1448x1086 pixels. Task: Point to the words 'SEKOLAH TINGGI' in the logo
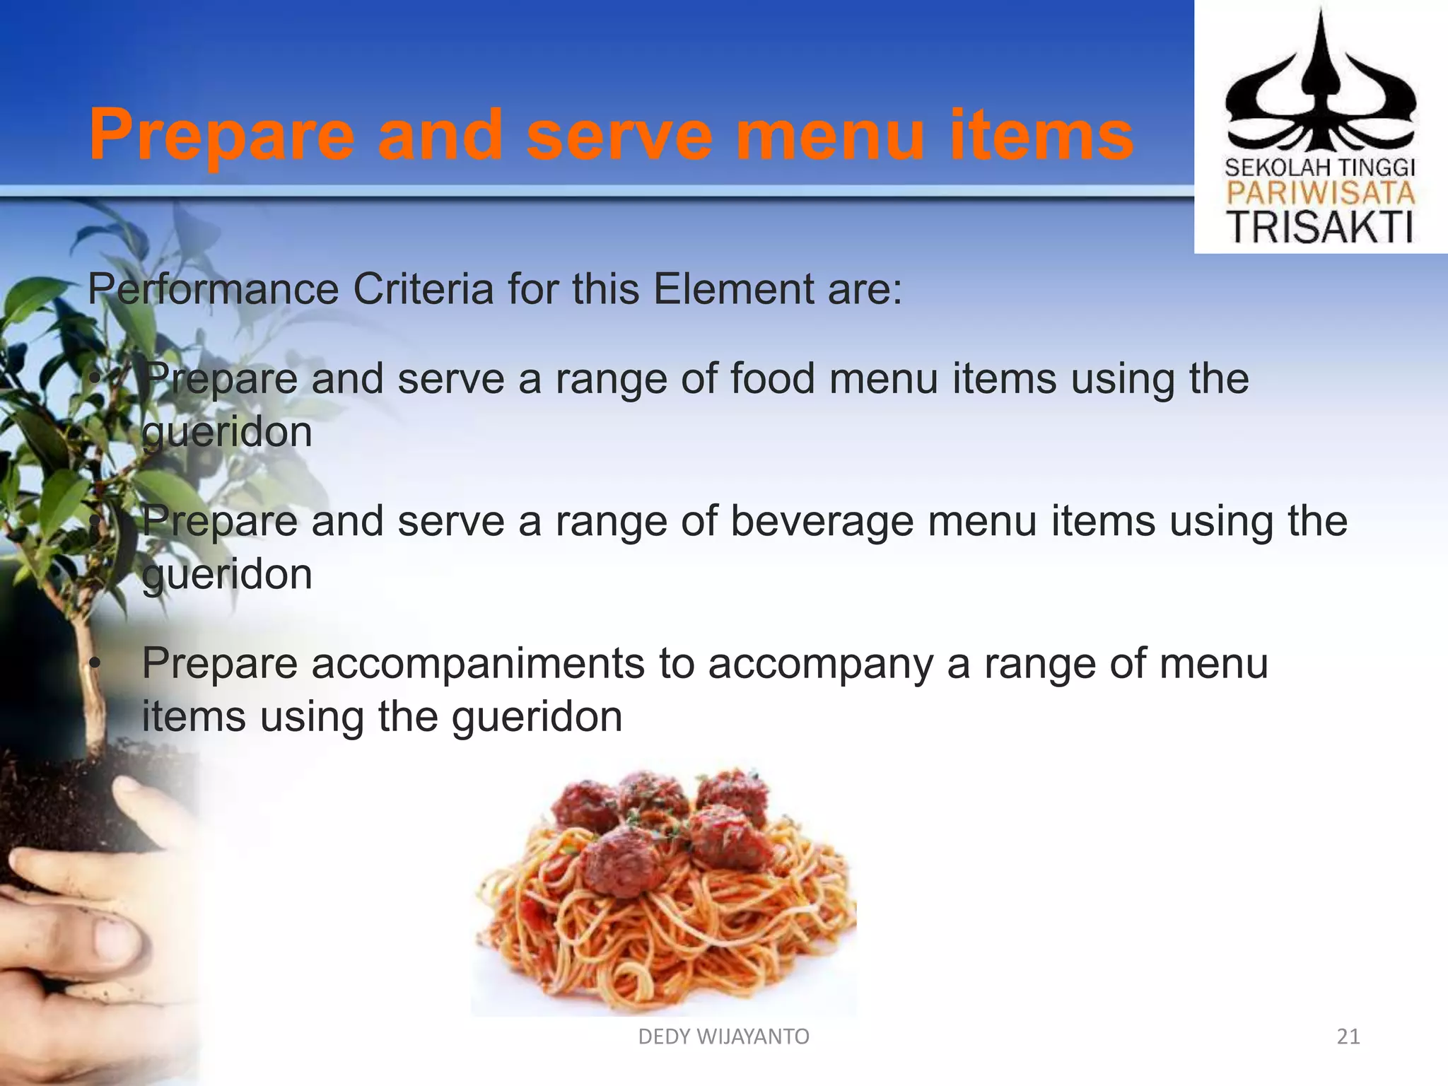[1319, 168]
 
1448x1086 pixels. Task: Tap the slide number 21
[1348, 1037]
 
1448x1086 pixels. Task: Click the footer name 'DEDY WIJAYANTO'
[723, 1037]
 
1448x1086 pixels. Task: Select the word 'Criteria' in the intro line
[423, 289]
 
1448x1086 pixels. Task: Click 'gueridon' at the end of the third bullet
[537, 717]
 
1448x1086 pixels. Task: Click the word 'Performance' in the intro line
[213, 289]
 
